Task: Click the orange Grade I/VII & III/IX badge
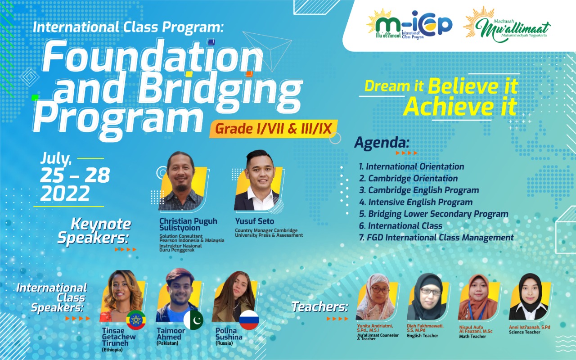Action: [x=273, y=129]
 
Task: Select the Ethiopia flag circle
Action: [x=136, y=320]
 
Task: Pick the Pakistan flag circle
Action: [x=193, y=319]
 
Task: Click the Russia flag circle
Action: [x=249, y=320]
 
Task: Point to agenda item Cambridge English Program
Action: [x=419, y=190]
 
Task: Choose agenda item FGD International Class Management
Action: [x=436, y=238]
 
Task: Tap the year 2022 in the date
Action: [x=65, y=194]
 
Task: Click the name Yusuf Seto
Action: [x=254, y=221]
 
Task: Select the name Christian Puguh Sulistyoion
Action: [x=188, y=225]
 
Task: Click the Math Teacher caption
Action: [x=472, y=336]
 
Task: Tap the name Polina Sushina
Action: [x=229, y=334]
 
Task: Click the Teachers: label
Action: [x=320, y=307]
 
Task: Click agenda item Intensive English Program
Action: [x=416, y=202]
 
